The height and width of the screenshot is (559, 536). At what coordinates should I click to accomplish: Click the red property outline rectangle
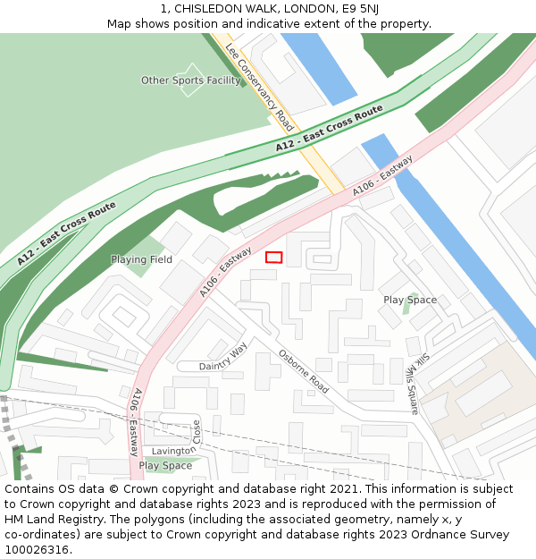[273, 258]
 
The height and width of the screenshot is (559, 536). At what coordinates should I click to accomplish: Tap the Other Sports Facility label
[191, 80]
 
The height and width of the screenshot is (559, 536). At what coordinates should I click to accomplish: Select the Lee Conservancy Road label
[258, 86]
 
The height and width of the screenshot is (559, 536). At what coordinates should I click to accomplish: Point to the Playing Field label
[141, 259]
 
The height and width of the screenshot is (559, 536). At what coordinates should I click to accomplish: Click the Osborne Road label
[303, 370]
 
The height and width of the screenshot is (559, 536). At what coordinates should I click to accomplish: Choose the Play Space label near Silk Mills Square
[410, 300]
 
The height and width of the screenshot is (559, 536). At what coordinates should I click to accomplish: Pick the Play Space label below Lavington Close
[165, 465]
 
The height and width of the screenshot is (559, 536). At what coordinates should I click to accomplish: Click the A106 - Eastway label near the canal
[382, 176]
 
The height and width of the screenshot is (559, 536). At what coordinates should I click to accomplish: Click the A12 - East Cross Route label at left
[66, 233]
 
